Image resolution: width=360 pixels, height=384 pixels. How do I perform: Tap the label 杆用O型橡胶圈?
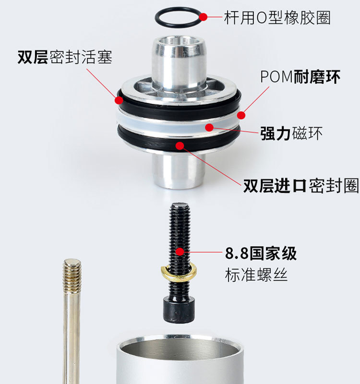pos(277,17)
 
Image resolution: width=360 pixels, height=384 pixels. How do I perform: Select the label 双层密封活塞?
pos(65,57)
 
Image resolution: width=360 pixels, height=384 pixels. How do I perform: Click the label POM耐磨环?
pos(300,77)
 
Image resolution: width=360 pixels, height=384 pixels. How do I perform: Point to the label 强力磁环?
pos(291,133)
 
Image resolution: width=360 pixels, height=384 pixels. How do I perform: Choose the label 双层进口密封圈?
pos(301,186)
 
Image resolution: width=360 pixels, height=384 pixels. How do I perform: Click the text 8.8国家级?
pos(261,253)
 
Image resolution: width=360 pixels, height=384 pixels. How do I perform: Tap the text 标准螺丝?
pos(256,275)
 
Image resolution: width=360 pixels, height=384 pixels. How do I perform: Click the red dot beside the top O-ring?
pos(203,17)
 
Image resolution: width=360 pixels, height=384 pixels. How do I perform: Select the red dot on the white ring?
pos(209,127)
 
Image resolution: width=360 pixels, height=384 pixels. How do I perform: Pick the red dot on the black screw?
pos(180,252)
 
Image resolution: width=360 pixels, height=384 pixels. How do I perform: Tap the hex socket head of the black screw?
pos(180,309)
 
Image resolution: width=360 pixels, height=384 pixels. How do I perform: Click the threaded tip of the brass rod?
pos(72,274)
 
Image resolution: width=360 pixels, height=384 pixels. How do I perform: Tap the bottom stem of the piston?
pos(178,171)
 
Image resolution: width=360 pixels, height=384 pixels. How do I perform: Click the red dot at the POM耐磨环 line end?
pos(241,115)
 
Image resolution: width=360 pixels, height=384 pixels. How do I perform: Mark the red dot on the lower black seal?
pos(180,146)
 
